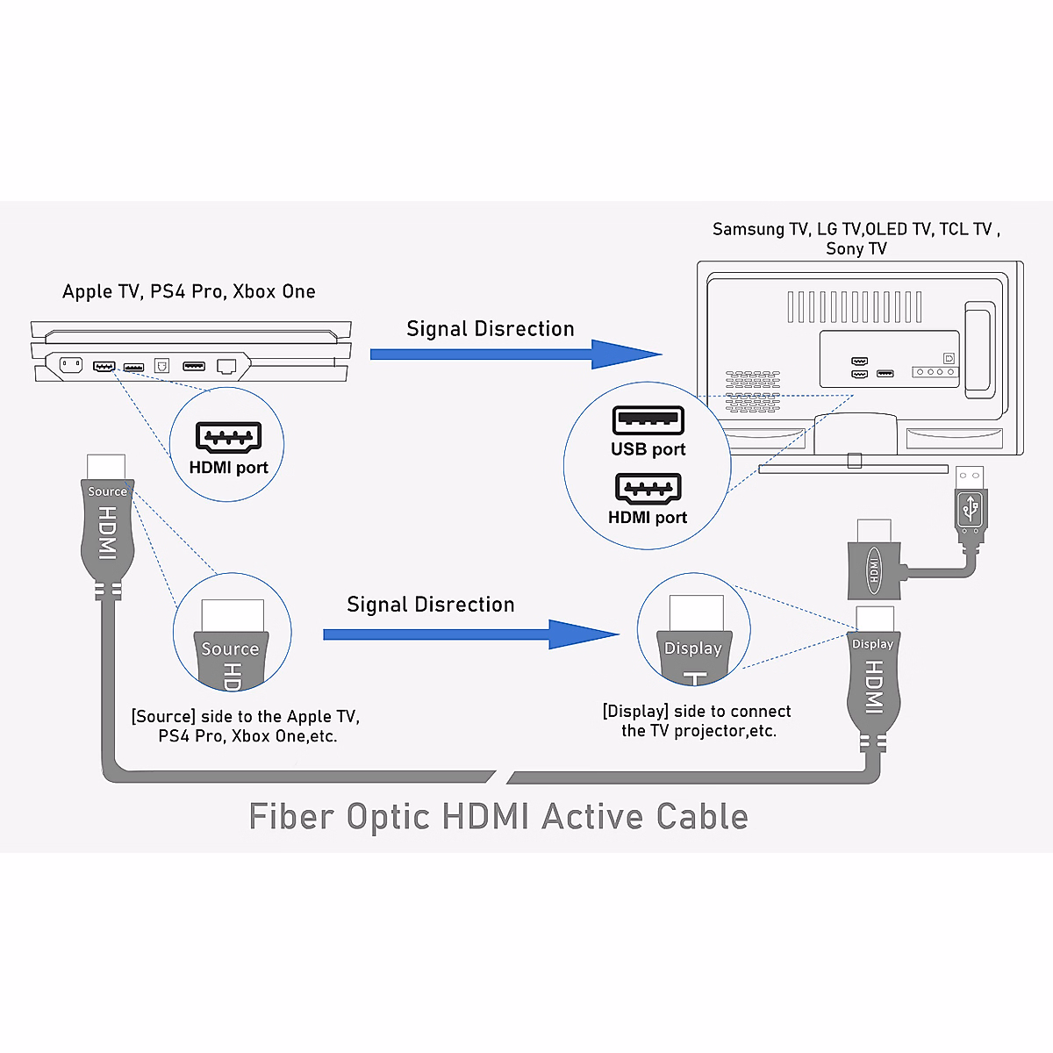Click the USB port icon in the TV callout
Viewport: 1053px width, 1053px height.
(648, 420)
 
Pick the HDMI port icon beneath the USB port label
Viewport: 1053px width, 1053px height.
(648, 489)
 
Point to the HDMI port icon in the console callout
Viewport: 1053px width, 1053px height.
(228, 437)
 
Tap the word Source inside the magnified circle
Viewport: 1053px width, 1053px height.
(230, 649)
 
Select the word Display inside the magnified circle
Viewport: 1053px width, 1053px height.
(692, 648)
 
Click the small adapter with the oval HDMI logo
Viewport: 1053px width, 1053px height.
(875, 569)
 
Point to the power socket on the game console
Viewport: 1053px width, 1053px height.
(70, 365)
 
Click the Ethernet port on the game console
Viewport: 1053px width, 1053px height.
(227, 366)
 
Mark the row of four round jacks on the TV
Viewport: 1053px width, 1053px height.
(934, 372)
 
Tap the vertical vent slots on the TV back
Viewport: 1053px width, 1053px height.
(854, 307)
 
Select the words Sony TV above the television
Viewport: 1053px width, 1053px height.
(856, 248)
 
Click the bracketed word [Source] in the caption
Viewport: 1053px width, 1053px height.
(163, 717)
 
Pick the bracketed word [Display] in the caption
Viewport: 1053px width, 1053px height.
(635, 712)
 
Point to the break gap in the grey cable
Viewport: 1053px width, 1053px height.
(501, 777)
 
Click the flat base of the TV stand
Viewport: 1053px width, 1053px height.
(853, 469)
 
